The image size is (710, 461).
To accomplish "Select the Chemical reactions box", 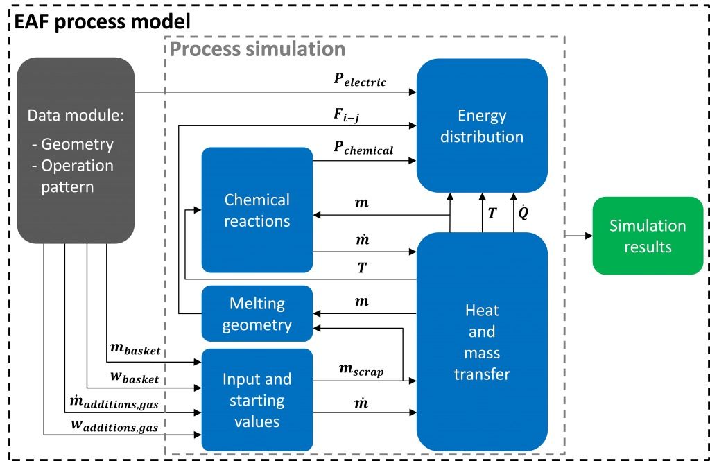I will pyautogui.click(x=257, y=209).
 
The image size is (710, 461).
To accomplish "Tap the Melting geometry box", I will pyautogui.click(x=257, y=314).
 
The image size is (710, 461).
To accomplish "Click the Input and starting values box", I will pyautogui.click(x=257, y=400).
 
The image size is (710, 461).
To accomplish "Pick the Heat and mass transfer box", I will pyautogui.click(x=481, y=342).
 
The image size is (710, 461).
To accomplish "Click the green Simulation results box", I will pyautogui.click(x=647, y=236).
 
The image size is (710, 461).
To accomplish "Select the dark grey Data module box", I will pyautogui.click(x=76, y=150).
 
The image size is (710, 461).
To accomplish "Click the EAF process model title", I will pyautogui.click(x=98, y=21).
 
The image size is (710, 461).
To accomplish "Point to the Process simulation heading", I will pyautogui.click(x=257, y=49).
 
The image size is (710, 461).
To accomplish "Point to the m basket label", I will pyautogui.click(x=136, y=351).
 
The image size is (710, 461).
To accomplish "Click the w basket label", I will pyautogui.click(x=136, y=379).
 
